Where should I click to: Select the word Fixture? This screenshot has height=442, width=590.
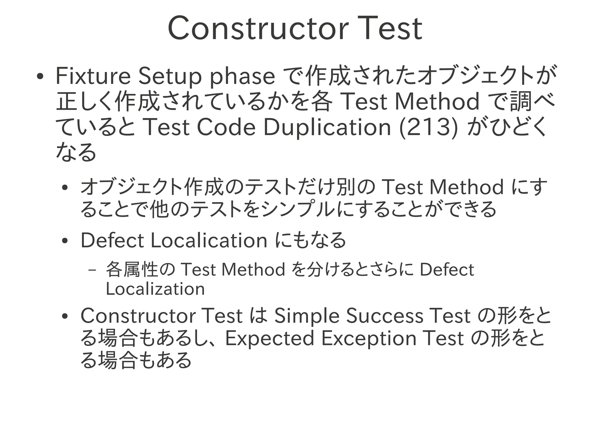click(93, 76)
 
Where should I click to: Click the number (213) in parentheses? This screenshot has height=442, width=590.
click(428, 128)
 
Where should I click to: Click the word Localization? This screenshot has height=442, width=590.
click(155, 289)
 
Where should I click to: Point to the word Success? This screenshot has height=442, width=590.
click(385, 316)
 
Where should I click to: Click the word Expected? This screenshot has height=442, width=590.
click(269, 339)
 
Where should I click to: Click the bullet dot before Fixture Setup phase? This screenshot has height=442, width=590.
click(40, 77)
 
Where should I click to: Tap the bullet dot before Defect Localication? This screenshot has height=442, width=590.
click(65, 241)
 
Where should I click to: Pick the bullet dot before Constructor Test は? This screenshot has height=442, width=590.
click(65, 316)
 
